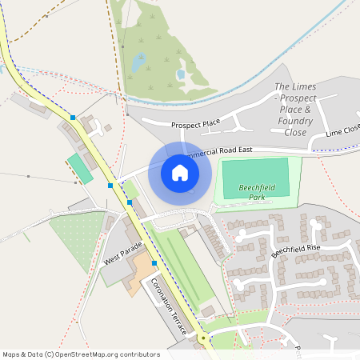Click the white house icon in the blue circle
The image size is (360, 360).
tap(180, 172)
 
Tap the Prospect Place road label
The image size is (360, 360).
tap(195, 124)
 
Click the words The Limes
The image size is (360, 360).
tap(295, 86)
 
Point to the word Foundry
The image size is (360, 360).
tap(296, 120)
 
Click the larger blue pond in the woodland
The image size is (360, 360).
tap(139, 62)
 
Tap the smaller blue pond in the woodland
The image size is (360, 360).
tap(181, 74)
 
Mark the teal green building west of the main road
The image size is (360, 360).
tap(79, 169)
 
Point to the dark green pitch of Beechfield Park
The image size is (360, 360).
tap(254, 174)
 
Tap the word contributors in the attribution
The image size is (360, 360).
tap(138, 354)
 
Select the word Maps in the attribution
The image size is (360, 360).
tap(12, 354)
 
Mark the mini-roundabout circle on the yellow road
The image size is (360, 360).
tap(204, 338)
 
